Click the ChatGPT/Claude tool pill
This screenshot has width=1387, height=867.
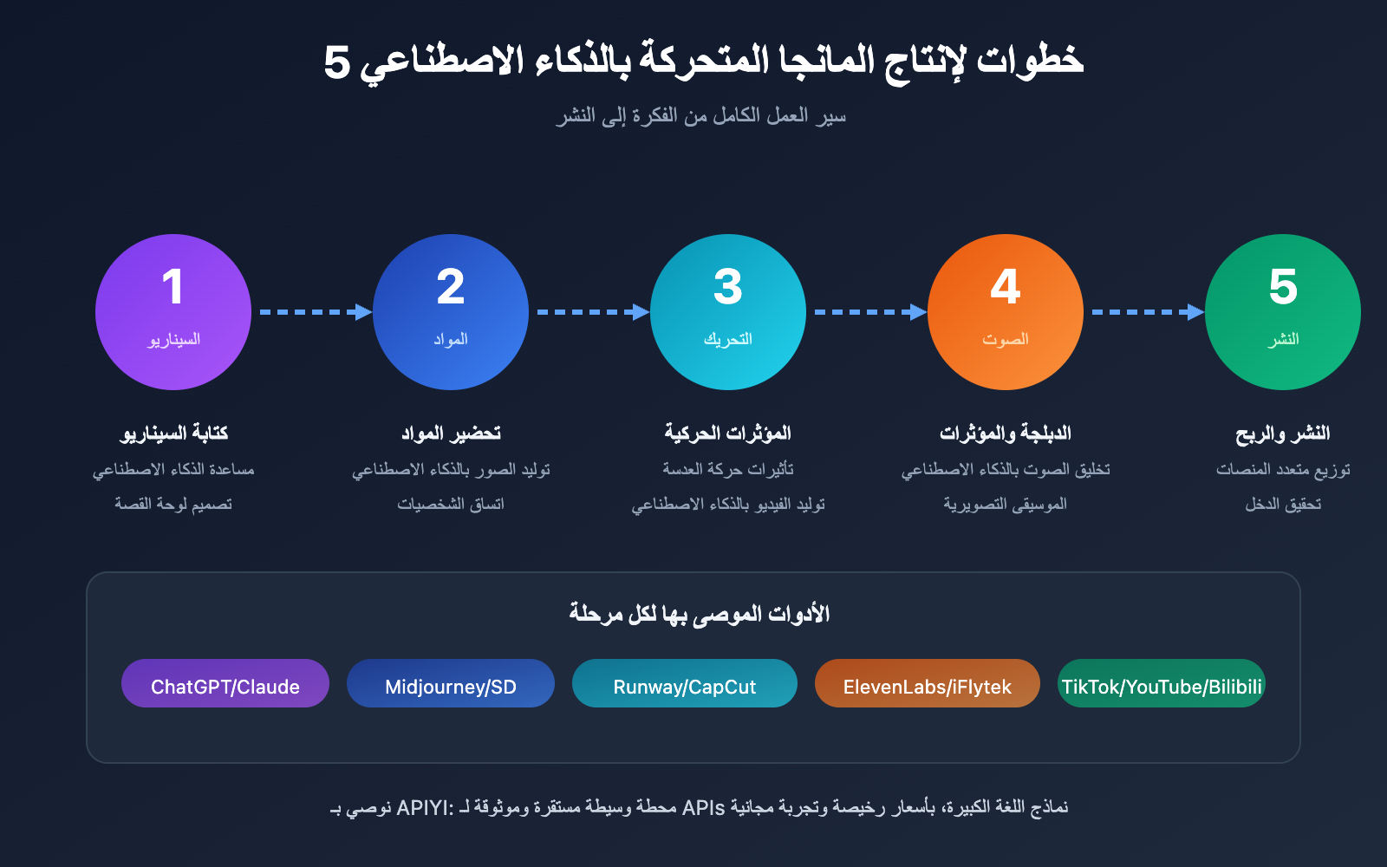click(x=225, y=683)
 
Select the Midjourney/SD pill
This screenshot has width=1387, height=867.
click(x=451, y=683)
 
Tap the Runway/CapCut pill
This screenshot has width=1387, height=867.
click(x=685, y=683)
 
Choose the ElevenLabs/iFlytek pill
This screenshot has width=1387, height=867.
click(x=928, y=683)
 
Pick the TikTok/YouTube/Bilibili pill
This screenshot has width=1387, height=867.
click(x=1162, y=683)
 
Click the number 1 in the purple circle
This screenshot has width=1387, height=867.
click(x=173, y=287)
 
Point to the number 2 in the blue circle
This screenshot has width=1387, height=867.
click(x=451, y=287)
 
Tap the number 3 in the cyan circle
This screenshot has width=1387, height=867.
click(x=728, y=287)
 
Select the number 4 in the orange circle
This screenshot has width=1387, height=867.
click(x=1006, y=287)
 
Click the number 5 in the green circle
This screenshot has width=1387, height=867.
click(x=1283, y=287)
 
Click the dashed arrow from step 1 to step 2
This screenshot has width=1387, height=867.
click(x=316, y=312)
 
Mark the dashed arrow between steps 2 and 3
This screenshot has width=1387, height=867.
click(x=593, y=312)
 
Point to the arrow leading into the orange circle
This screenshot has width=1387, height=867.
click(x=870, y=312)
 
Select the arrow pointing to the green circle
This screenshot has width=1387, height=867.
click(x=1148, y=312)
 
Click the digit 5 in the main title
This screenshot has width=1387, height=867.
click(x=337, y=62)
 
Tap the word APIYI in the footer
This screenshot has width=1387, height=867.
click(x=422, y=807)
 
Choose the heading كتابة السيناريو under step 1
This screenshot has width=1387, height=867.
click(x=173, y=433)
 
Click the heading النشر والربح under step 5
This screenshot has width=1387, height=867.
click(x=1283, y=433)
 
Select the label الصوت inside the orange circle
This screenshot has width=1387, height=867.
click(x=1006, y=339)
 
